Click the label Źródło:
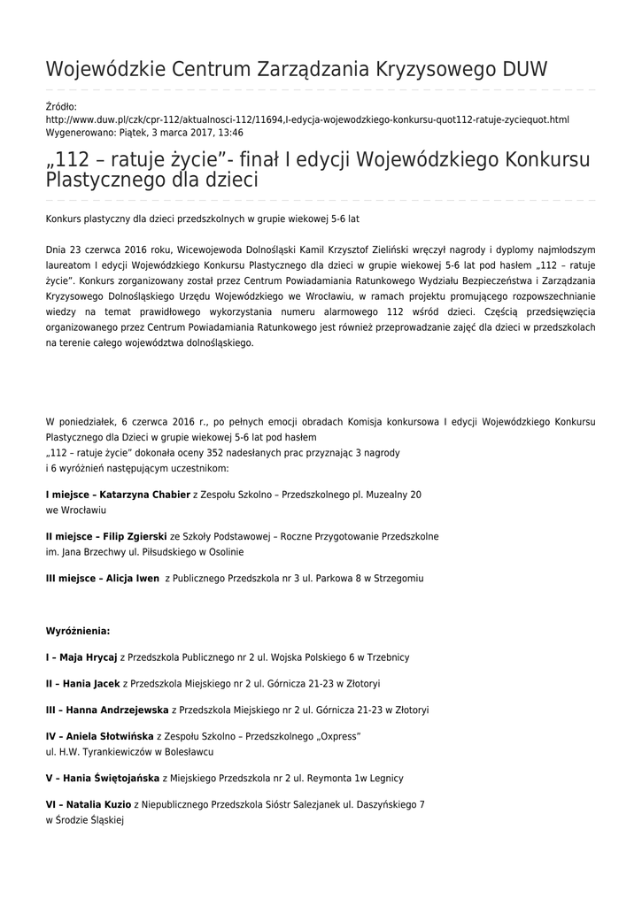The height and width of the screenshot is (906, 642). point(61,106)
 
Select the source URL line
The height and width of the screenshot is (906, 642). point(307,119)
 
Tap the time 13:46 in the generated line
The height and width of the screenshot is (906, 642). point(230,132)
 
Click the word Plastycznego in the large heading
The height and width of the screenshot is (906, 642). point(104,180)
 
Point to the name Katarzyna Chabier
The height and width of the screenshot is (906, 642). point(145,495)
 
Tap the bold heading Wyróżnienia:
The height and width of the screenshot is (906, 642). point(78,631)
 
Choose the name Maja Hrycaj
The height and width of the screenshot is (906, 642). point(89,657)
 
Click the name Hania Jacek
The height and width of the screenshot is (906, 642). point(90,683)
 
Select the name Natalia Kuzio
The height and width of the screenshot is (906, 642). point(98,805)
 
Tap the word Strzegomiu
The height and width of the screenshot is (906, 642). point(399,578)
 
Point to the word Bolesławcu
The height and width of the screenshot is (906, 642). point(188,751)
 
